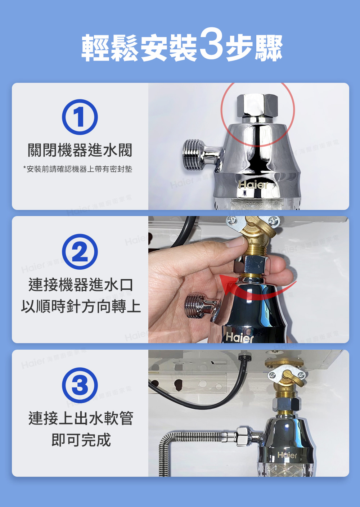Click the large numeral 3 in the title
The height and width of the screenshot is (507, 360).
click(x=211, y=47)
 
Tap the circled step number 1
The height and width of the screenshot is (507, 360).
click(x=80, y=117)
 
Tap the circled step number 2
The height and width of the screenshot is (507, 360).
click(x=80, y=251)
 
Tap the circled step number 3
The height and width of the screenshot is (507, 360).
click(x=80, y=385)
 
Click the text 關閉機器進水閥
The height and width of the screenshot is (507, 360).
click(x=80, y=150)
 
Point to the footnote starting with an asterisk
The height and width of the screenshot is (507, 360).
click(x=78, y=169)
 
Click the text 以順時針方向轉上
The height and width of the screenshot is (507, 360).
click(x=81, y=306)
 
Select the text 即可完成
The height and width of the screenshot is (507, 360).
click(x=81, y=440)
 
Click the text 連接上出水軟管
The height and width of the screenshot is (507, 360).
click(x=81, y=418)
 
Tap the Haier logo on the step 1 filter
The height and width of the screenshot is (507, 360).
click(x=253, y=185)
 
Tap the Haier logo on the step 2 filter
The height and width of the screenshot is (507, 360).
click(x=239, y=337)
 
